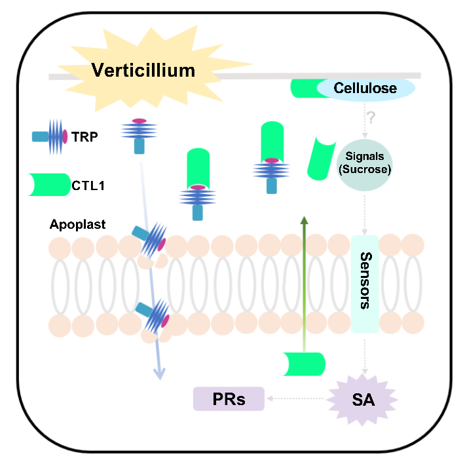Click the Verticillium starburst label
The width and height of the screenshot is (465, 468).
pos(143,69)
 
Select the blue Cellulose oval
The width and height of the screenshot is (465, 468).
pos(365,88)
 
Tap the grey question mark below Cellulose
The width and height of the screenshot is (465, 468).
pos(371,118)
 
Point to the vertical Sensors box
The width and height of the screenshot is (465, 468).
pos(365,281)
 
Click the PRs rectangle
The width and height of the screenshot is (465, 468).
pos(229,398)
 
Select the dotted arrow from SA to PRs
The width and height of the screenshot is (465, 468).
pos(297,398)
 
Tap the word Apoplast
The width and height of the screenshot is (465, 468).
pos(77,224)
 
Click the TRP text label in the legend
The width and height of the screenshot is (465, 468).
pos(84,136)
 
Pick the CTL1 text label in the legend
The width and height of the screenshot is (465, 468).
pos(88,186)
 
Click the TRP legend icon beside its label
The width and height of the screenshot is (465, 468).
pos(50,136)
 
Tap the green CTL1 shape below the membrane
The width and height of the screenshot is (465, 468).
pos(304,364)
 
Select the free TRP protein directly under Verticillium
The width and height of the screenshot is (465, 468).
pos(139,135)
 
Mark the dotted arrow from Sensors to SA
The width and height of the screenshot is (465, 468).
pos(365,354)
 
